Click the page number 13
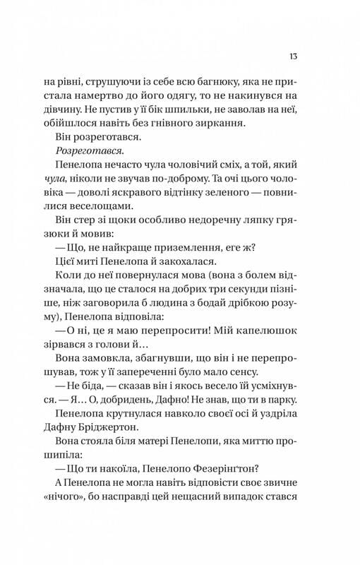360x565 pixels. pos(292,56)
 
